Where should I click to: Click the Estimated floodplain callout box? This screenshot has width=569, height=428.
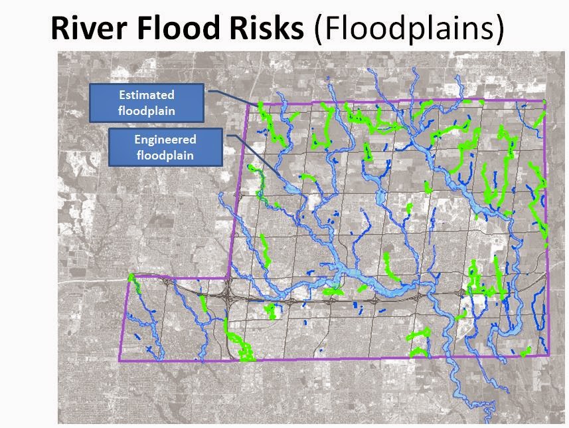point(146,102)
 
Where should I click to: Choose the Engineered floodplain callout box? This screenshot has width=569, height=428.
point(165,148)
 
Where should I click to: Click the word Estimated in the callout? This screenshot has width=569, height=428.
point(147,95)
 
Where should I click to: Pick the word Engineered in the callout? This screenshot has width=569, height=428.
point(165,140)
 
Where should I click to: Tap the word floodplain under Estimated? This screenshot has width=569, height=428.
point(147,110)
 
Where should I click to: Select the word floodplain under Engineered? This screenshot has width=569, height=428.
point(165,156)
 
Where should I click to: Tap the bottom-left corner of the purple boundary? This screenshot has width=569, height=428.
point(120,361)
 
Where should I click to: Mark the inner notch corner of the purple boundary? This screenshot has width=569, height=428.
point(228,278)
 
